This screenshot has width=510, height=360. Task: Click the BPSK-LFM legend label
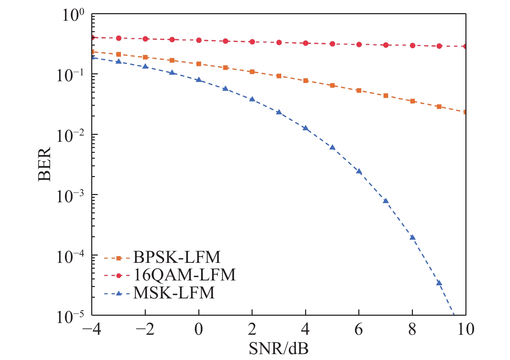click(x=177, y=257)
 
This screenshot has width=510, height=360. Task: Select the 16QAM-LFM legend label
click(x=184, y=275)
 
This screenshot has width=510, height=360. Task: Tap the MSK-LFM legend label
click(x=174, y=293)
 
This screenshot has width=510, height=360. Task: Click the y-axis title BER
click(x=45, y=164)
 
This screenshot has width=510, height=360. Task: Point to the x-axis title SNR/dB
click(x=278, y=349)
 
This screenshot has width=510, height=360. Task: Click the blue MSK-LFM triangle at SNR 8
click(x=412, y=237)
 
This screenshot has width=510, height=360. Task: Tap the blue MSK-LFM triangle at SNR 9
click(x=439, y=283)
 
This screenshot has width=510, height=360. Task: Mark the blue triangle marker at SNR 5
click(x=332, y=147)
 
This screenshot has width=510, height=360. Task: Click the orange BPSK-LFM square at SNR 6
click(x=359, y=91)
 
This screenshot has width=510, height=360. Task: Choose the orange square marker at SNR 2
click(x=252, y=72)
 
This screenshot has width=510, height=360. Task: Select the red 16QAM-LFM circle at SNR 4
click(x=305, y=43)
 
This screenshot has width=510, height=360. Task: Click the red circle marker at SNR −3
click(x=119, y=38)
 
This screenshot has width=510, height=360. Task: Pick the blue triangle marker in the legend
click(x=118, y=293)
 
